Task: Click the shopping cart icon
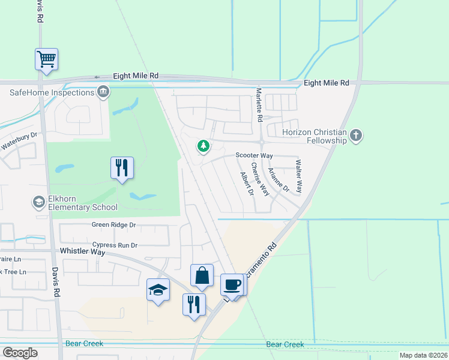pos(46,59)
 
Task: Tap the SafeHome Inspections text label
pos(52,92)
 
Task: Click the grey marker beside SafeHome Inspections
pos(103,92)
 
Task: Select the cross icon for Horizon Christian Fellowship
pos(356,136)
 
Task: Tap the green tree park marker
pos(203,146)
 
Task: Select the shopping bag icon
pos(202,275)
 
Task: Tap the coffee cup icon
pos(232,284)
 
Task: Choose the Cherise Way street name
pos(259,179)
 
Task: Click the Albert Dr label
pos(246,184)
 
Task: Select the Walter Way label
pos(298,175)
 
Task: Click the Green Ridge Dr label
pos(114,225)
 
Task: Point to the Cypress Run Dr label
pos(115,245)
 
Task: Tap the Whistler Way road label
pos(82,252)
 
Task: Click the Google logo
pos(20,353)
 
